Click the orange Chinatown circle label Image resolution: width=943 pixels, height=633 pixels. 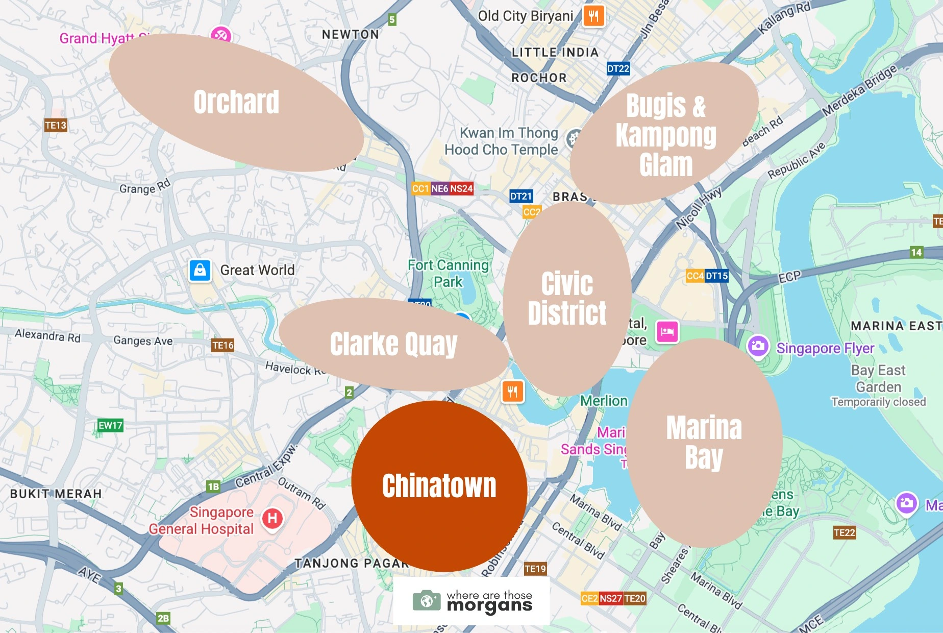(439, 485)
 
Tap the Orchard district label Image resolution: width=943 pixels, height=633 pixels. (236, 102)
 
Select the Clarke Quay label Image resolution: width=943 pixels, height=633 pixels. (393, 344)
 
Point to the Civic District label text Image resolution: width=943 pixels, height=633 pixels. (567, 298)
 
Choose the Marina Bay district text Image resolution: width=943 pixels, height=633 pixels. (704, 442)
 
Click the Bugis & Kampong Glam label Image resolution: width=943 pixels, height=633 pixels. (665, 135)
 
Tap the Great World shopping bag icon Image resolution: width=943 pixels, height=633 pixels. (200, 270)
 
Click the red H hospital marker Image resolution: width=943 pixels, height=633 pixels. (272, 519)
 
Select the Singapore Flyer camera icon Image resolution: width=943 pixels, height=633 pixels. (758, 346)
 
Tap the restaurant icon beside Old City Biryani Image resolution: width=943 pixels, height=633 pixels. (593, 16)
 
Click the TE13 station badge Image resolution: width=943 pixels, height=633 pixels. (56, 125)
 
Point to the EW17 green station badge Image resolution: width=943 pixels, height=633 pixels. (110, 425)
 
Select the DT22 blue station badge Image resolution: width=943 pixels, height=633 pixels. (618, 68)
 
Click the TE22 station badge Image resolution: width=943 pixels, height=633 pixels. (844, 532)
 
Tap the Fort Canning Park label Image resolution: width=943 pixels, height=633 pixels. (448, 273)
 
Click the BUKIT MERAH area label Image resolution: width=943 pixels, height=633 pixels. (56, 494)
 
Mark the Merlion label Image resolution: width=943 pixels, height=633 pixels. (604, 401)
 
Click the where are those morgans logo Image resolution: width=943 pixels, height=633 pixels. (472, 601)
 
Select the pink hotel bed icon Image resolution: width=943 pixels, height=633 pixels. (667, 332)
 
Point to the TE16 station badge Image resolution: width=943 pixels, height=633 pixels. (223, 345)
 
